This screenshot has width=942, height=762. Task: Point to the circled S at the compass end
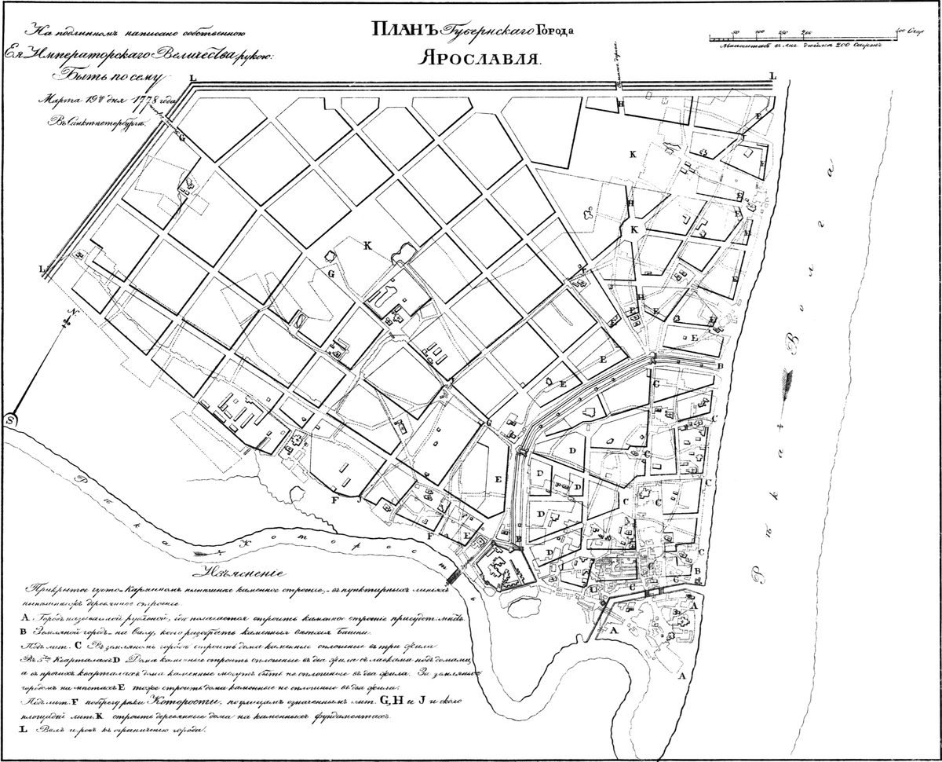pyautogui.click(x=11, y=420)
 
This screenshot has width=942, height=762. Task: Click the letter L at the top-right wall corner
pyautogui.click(x=772, y=75)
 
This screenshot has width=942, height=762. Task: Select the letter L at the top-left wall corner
pyautogui.click(x=192, y=78)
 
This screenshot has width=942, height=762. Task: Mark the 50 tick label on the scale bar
pyautogui.click(x=735, y=31)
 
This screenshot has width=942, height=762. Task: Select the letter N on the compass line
pyautogui.click(x=69, y=313)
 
